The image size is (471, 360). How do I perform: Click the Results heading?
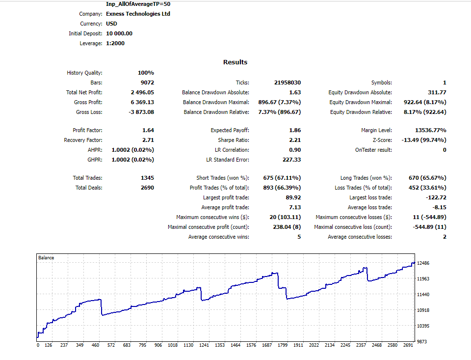click(x=235, y=62)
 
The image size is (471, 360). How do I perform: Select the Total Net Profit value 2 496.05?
click(x=142, y=92)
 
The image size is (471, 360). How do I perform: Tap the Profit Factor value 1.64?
click(x=148, y=130)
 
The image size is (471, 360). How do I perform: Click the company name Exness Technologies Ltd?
click(x=138, y=14)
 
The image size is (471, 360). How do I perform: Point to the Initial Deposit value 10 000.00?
click(x=119, y=33)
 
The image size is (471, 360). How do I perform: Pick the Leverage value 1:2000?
click(x=115, y=43)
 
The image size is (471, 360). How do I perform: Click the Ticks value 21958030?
click(x=288, y=83)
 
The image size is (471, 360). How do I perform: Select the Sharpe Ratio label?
click(x=234, y=140)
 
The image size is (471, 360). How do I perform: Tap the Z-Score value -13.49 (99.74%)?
click(x=424, y=140)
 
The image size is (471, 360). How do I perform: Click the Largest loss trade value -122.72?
click(x=436, y=197)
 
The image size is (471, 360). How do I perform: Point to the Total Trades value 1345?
click(x=148, y=178)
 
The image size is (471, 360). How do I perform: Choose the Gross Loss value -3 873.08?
click(x=141, y=112)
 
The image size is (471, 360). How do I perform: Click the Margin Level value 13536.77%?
click(x=431, y=130)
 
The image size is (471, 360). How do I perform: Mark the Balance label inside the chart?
click(x=46, y=258)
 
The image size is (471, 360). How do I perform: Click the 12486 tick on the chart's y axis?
click(x=423, y=263)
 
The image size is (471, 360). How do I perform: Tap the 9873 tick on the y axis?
click(x=422, y=342)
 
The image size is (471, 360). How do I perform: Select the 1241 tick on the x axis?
click(x=204, y=345)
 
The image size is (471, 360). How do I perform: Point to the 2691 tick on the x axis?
click(x=408, y=345)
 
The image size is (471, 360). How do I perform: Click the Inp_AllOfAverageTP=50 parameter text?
click(x=138, y=4)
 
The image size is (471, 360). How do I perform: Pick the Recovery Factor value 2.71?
click(x=148, y=140)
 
